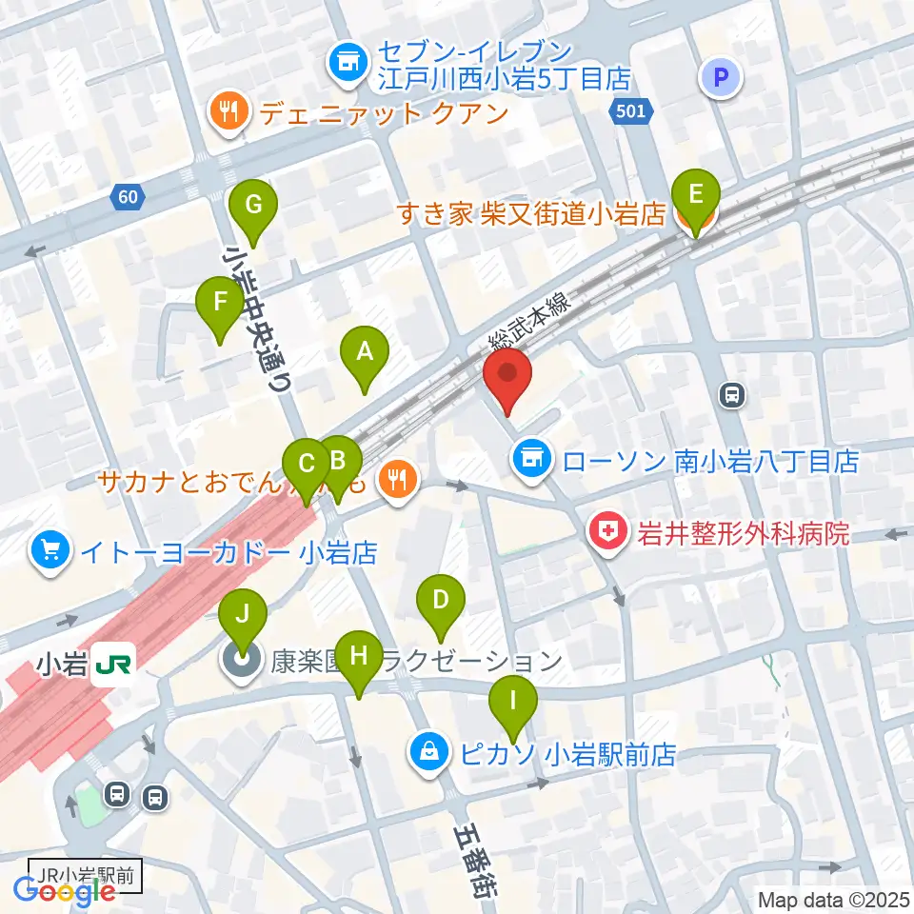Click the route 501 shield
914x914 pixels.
pyautogui.click(x=629, y=111)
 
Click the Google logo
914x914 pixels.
pyautogui.click(x=65, y=891)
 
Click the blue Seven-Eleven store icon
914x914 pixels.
pyautogui.click(x=348, y=64)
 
